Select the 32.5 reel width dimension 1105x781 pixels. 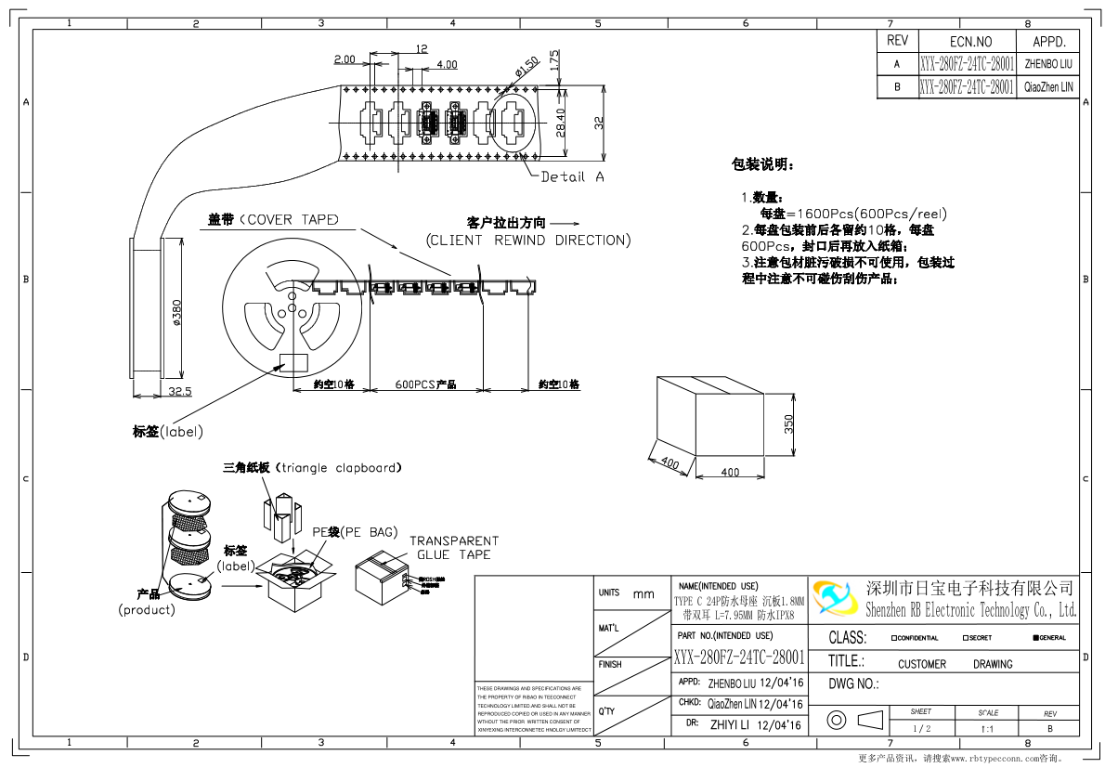(180, 391)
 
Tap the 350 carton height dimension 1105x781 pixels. (788, 423)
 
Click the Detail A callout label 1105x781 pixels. (572, 176)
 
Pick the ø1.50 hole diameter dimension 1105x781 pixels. (526, 67)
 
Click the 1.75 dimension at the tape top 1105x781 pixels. (554, 59)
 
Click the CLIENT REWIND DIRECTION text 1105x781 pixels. (528, 241)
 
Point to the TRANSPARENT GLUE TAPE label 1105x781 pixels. (454, 548)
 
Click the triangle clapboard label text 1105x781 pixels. (312, 468)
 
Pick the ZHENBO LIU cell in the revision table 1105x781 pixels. (1047, 64)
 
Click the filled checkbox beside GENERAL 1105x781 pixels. (1035, 638)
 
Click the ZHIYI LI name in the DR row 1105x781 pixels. (731, 724)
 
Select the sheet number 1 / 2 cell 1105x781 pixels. (921, 729)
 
